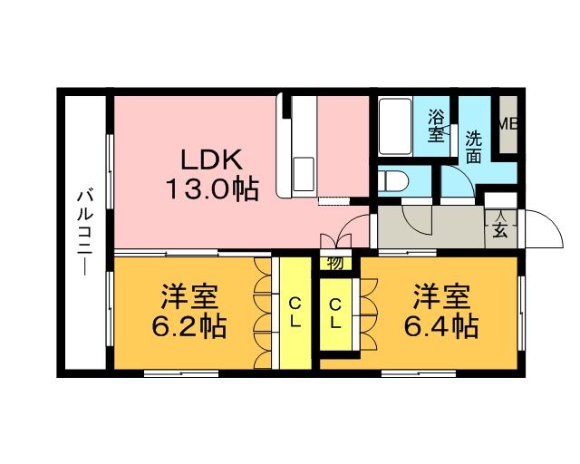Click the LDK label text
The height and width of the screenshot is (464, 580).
(x=211, y=160)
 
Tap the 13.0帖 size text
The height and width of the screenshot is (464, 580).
(x=211, y=189)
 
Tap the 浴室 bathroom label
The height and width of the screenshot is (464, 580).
(x=437, y=126)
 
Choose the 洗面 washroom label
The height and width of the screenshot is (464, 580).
(x=474, y=147)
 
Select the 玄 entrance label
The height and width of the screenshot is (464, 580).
(x=499, y=229)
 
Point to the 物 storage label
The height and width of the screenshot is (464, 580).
(x=333, y=264)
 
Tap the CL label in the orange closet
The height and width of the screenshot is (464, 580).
(x=334, y=312)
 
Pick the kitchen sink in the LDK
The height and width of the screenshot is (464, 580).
(x=302, y=169)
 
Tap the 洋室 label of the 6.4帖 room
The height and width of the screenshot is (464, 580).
(x=443, y=296)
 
